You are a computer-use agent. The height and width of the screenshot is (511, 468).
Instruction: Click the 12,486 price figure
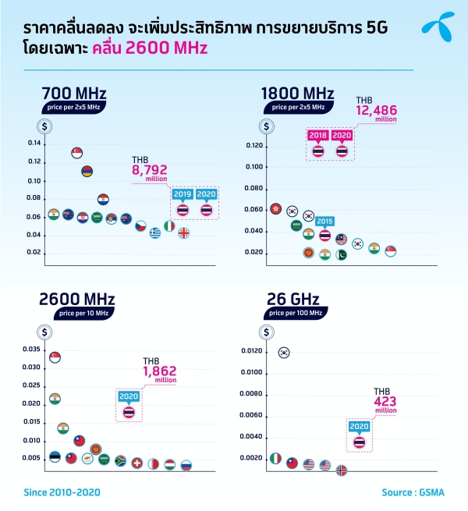pos(377,111)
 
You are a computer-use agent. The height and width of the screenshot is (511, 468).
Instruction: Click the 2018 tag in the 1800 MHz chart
pos(317,134)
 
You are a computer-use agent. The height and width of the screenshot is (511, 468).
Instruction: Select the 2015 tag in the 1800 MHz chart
pos(324,221)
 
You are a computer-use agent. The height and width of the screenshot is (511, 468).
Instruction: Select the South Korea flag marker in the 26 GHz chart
pos(284,353)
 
